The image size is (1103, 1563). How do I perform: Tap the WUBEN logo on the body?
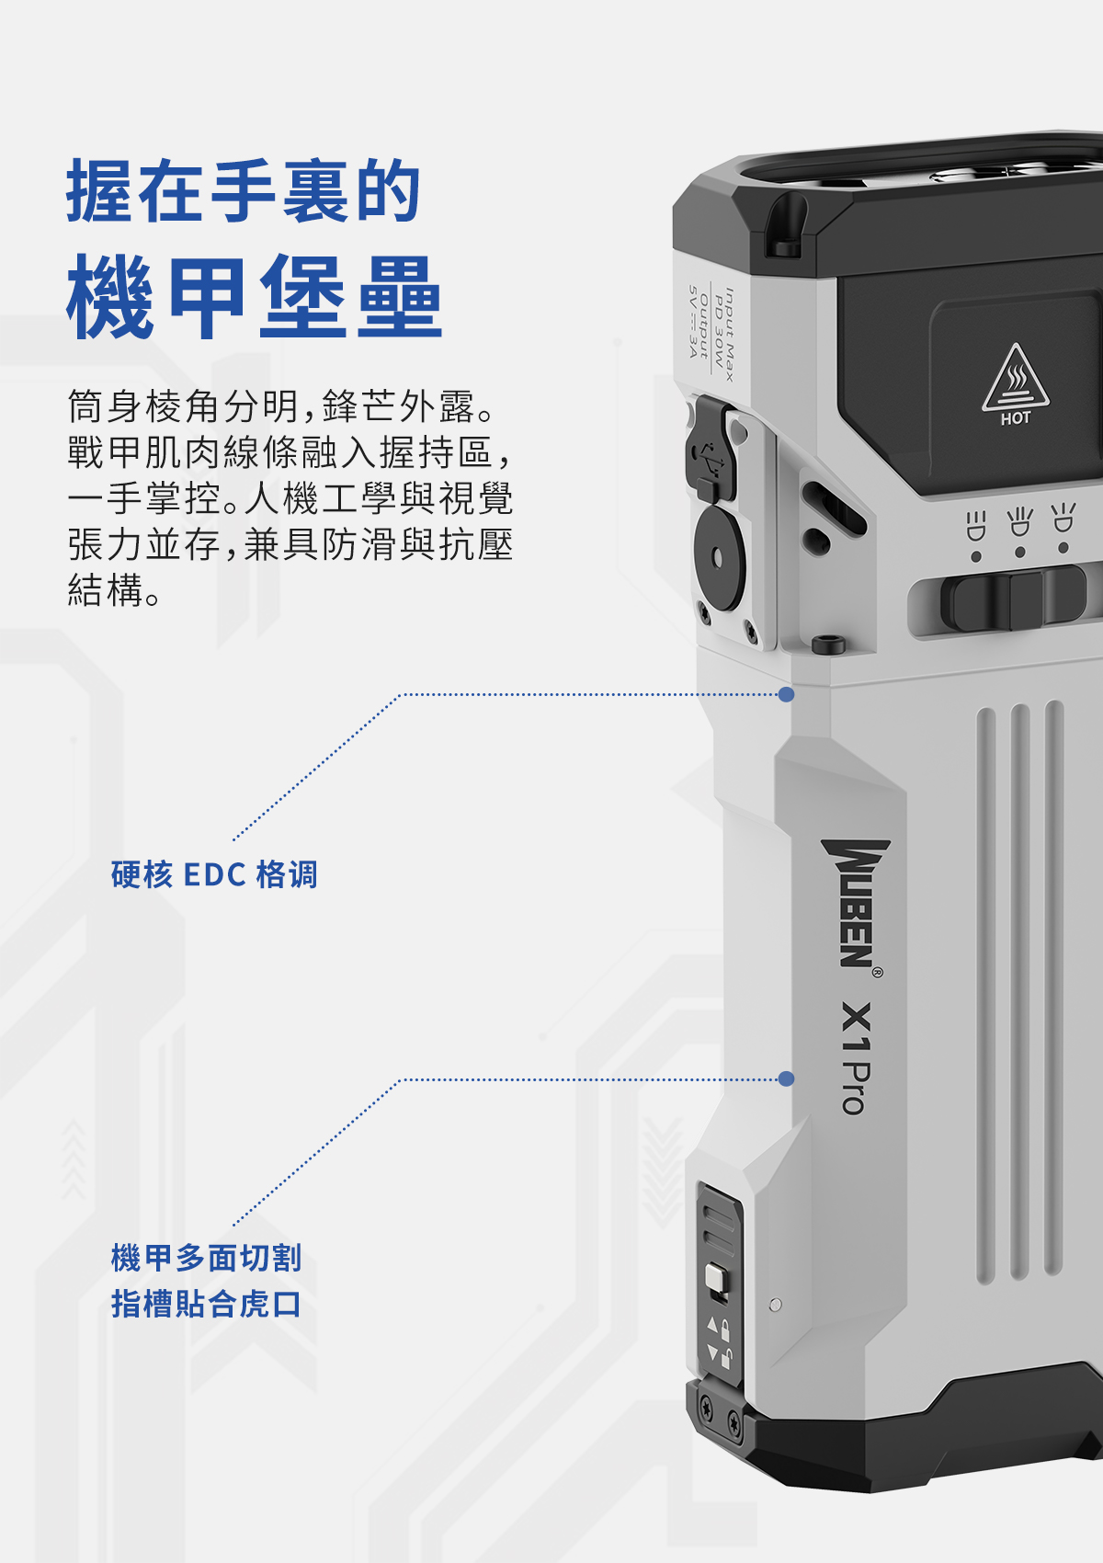coord(855,903)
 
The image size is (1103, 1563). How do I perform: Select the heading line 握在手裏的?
coord(244,191)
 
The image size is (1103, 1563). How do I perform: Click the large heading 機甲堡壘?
coord(255,297)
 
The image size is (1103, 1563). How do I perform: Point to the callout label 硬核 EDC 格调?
coord(214,874)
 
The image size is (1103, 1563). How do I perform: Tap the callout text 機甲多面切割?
coord(206,1257)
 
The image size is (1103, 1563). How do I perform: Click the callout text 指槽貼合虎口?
coord(206,1304)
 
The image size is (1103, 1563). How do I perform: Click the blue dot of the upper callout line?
coord(786,694)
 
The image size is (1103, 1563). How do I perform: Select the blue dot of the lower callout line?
coord(786,1078)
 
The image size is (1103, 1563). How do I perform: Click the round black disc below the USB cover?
coord(719,556)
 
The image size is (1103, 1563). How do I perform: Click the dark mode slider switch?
coord(1011,599)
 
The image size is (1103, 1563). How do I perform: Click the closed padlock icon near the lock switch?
coord(724,1329)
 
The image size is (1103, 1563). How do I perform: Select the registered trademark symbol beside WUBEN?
coord(877,972)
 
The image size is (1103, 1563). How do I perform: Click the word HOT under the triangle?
coord(1016,418)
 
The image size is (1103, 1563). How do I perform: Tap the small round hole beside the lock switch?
coord(775,1305)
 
